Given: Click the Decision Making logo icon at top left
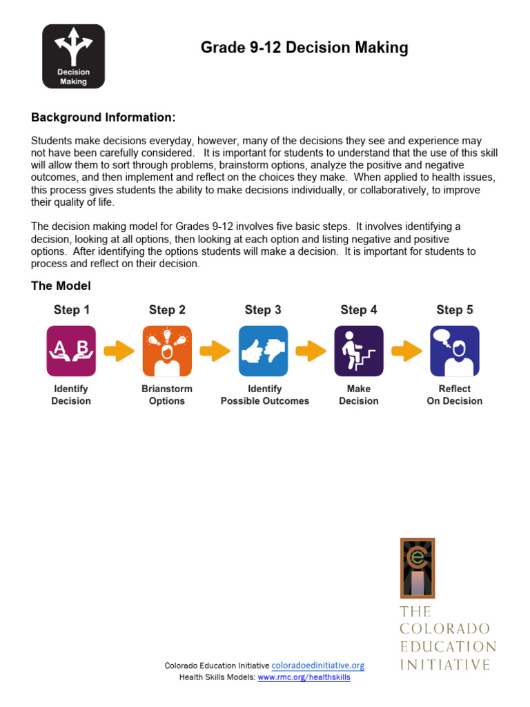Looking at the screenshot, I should point(73,56).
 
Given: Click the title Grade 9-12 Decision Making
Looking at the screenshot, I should point(304,48).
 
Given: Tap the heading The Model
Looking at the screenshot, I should point(61,286).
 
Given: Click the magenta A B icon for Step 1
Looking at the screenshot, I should point(71,351).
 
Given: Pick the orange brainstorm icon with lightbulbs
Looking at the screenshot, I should point(167,351).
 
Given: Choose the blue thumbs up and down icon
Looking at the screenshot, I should point(263,351).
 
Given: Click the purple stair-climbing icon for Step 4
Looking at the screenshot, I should point(359,351).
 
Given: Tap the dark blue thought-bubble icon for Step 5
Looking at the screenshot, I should point(455,351).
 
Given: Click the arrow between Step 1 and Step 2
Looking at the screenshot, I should point(119,351).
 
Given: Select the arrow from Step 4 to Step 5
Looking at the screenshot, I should point(406,351).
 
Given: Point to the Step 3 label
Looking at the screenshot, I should point(263,310).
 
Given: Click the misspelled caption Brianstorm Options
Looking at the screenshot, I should point(167,395).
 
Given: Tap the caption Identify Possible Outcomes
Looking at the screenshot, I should point(265,395).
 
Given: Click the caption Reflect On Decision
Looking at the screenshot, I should point(455,395).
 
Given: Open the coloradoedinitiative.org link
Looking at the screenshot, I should point(317,666).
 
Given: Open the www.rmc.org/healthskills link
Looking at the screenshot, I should point(304,678).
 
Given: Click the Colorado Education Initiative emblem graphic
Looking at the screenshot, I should point(417,568).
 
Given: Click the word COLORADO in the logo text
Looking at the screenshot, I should point(445,629).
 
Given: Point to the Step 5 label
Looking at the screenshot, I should point(455,310).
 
